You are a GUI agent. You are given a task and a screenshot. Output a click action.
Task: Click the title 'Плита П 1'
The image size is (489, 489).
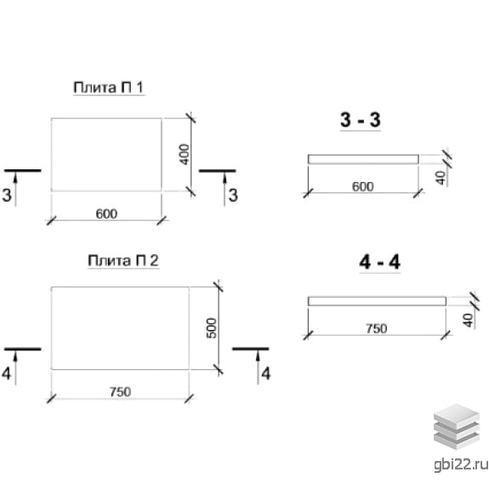coord(109,88)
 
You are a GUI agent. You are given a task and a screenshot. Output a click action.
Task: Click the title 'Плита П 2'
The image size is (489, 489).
coord(123,260)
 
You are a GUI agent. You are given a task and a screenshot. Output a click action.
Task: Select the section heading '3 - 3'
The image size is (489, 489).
coord(361,120)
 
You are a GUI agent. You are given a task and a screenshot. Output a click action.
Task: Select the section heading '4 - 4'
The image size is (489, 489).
coord(379,262)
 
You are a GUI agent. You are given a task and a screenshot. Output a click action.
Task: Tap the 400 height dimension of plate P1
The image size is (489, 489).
coord(185,154)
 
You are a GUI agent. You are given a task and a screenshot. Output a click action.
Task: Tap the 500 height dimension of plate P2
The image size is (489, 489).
coord(212,327)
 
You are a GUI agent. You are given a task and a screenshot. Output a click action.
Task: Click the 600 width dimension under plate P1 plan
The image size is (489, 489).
coord(106,214)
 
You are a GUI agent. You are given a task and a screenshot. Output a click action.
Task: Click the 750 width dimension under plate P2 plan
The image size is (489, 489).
coord(121,392)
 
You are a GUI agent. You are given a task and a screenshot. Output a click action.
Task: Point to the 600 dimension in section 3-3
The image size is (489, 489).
coord(362,187)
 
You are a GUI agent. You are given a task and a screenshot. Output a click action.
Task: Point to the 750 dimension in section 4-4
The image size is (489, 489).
coord(377,329)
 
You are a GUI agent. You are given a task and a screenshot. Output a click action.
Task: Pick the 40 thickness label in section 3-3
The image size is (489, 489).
coord(441,178)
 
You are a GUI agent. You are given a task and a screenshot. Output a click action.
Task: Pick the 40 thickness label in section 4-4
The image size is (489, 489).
coord(468,320)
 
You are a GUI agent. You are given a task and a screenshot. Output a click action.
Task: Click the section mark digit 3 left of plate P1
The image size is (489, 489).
coord(7,195)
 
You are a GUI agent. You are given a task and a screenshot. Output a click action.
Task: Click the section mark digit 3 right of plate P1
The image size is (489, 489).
coord(233,196)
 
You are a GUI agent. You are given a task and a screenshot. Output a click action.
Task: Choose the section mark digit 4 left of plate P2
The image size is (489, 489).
coord(7,373)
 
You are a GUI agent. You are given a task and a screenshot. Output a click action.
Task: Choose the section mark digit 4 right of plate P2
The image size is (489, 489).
coord(265,373)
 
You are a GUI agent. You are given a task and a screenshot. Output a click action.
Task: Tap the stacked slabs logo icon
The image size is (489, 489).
coord(457,426)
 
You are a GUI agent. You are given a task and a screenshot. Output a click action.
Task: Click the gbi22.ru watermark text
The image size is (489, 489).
coord(461,464)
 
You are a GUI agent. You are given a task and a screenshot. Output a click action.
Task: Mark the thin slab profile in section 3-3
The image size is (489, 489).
coord(363,159)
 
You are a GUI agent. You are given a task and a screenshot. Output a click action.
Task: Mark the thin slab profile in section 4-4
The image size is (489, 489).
coord(377,301)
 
